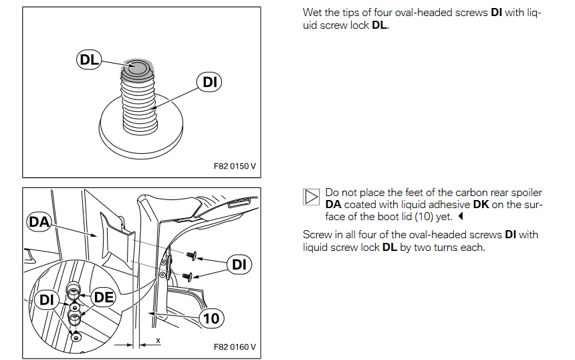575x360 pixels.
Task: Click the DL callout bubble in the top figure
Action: (89, 60)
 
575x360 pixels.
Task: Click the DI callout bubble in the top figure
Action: (209, 82)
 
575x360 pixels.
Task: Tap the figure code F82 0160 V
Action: (234, 347)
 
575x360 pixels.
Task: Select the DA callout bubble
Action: (39, 221)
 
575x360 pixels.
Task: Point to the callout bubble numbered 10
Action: (211, 319)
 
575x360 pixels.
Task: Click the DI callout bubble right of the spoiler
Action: (239, 264)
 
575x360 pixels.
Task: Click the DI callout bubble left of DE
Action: (46, 300)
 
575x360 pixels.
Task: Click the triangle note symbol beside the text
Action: (311, 197)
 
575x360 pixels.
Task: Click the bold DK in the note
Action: (481, 204)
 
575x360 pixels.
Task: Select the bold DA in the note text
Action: (334, 204)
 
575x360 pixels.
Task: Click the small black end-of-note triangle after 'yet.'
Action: (461, 216)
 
